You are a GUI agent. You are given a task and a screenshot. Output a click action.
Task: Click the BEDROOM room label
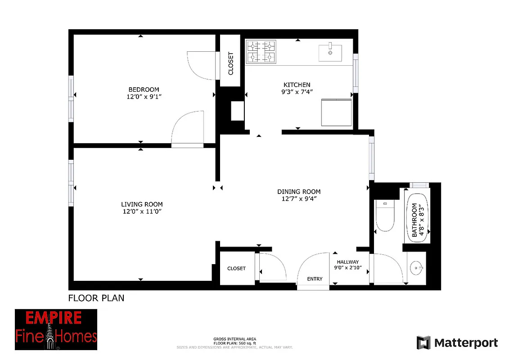point(144,90)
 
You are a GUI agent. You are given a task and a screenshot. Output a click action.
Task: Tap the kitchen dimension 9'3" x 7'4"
point(297,92)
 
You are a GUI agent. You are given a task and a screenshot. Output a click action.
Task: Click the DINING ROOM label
point(299,192)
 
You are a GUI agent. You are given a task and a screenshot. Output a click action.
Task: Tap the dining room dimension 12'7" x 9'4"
point(299,198)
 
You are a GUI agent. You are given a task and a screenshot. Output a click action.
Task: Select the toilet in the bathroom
point(385,216)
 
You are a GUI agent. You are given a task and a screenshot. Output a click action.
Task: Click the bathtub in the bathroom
point(418,218)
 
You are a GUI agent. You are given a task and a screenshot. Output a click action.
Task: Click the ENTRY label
point(315,279)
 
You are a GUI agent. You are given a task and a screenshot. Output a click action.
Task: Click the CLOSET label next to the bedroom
point(231,63)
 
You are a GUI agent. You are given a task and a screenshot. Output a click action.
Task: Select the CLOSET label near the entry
point(236,268)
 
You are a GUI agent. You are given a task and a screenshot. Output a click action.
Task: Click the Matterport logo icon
point(423,342)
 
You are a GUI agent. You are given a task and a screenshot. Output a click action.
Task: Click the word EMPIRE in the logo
point(53,318)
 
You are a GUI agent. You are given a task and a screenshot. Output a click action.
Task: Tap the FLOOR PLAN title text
point(96,298)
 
